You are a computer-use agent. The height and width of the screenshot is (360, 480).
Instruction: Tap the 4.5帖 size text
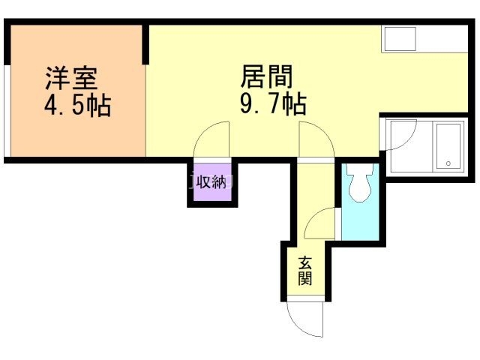[77, 105]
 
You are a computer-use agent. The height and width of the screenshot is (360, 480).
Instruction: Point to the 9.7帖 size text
[272, 104]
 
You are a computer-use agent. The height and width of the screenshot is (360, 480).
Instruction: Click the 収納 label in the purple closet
[211, 182]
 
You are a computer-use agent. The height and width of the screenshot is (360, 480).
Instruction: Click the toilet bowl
[358, 189]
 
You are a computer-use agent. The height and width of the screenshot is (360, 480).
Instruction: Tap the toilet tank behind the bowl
[359, 171]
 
